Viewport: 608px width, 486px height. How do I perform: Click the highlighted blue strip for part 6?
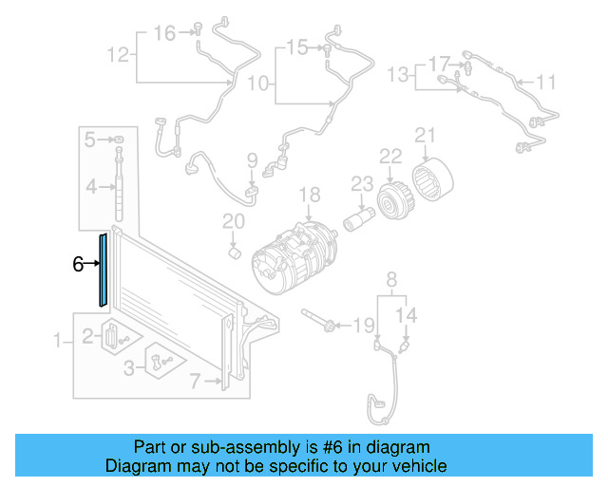point(103,269)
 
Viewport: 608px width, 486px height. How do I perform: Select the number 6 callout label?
point(78,265)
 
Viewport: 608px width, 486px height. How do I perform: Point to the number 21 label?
point(425,136)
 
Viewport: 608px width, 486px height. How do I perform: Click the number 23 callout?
point(361,183)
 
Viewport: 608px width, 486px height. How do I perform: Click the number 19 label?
point(365,327)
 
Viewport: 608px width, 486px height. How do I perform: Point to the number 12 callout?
point(117,55)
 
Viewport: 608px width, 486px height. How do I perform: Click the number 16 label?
point(165,33)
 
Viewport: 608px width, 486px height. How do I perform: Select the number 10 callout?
point(258,84)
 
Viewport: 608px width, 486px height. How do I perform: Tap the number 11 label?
point(545,83)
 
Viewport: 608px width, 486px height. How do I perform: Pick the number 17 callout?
point(438,65)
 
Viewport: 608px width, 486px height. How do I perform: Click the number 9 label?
point(253,159)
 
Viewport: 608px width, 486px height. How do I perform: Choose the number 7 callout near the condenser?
point(195,383)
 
